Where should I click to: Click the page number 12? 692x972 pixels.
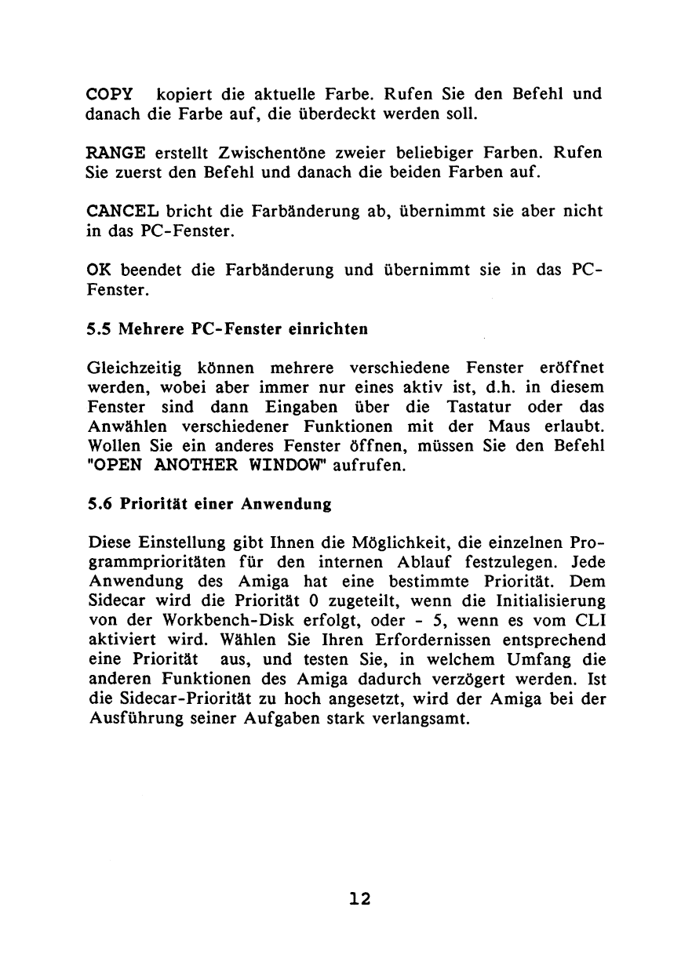pos(359,898)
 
